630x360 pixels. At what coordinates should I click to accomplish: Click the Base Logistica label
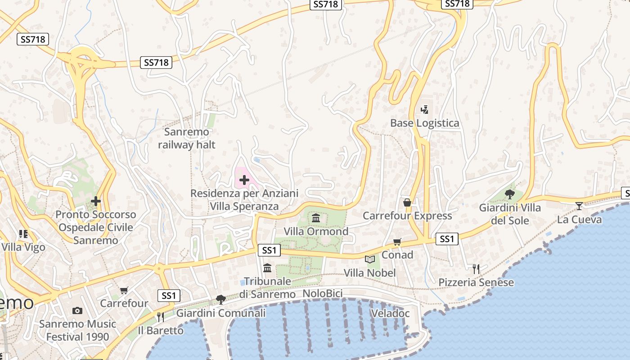point(424,123)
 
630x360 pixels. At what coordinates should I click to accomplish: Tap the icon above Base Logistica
point(424,109)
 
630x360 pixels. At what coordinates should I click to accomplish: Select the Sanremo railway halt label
point(186,138)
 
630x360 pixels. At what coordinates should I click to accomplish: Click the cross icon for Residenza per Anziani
point(244,180)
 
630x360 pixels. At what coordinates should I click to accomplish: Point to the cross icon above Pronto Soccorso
point(95,201)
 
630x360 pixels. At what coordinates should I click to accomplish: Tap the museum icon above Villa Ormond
point(316,218)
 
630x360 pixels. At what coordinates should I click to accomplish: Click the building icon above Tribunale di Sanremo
point(267,268)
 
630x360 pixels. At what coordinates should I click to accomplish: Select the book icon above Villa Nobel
point(369,260)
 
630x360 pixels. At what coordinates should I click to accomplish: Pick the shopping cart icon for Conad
point(397,242)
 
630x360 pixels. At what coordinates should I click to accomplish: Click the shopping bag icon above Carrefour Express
point(407,202)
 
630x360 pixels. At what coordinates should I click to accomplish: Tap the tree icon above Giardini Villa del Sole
point(510,194)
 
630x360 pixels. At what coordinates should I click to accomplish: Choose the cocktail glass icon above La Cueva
point(579,206)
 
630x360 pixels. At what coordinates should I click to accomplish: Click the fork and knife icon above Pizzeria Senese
point(476,269)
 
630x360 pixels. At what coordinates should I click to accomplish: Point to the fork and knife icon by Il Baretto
point(161,317)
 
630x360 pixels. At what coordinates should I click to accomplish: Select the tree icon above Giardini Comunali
point(220,299)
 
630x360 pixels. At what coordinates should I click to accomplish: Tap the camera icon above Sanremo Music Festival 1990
point(77,310)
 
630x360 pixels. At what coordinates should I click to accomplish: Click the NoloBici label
point(323,294)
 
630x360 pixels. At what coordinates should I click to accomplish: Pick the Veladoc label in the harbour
point(390,313)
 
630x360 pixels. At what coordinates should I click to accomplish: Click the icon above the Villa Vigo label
point(23,234)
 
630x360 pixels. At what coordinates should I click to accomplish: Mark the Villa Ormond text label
point(316,231)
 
